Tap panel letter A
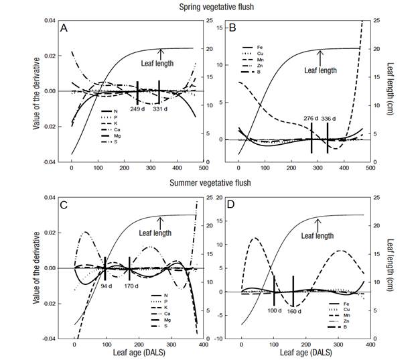pos(64,29)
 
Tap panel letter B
pos(232,29)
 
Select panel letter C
pos(64,205)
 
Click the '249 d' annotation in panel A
pos(137,108)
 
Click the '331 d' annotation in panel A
pos(160,108)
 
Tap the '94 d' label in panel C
pos(106,286)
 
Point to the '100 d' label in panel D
pos(275,310)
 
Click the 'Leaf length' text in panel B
pos(320,70)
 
